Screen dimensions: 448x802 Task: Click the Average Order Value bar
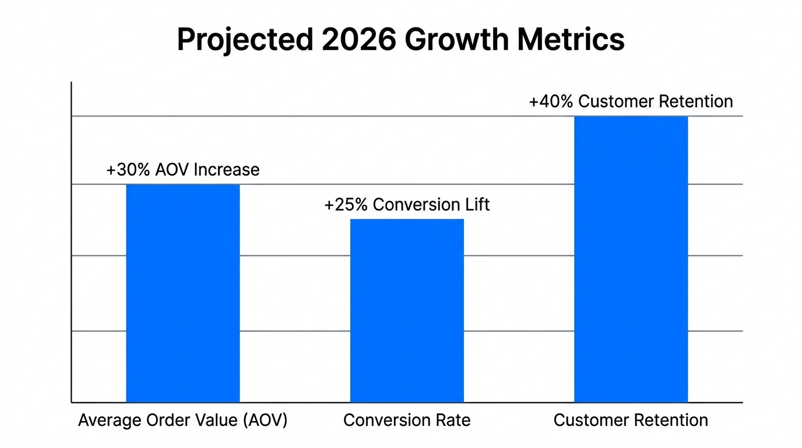click(183, 293)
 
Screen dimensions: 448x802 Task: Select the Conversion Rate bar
click(407, 310)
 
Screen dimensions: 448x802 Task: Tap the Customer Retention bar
click(631, 260)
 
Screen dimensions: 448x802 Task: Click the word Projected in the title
click(244, 40)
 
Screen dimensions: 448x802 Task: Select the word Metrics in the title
click(571, 40)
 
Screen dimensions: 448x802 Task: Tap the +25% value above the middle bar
click(345, 205)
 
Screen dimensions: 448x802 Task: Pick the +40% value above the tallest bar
click(550, 101)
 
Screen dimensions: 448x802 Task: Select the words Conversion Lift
click(431, 205)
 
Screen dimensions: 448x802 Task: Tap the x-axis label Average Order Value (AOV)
click(183, 420)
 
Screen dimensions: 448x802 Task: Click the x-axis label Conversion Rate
click(407, 420)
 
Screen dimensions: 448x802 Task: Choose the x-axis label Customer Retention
click(631, 420)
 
